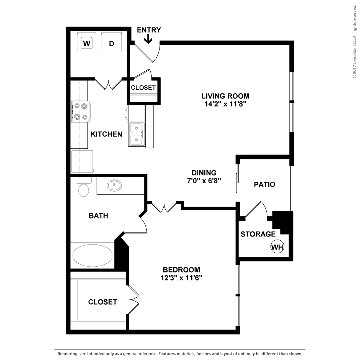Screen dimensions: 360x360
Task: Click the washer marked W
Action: [87, 42]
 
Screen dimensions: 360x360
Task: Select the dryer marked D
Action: [112, 42]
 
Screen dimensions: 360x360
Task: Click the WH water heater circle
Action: [277, 247]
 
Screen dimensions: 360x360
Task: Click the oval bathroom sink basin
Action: [114, 186]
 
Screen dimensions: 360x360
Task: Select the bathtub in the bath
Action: [92, 256]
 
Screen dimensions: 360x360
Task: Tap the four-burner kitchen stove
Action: [81, 112]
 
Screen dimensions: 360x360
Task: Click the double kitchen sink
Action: [136, 134]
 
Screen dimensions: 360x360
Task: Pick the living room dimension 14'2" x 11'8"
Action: [225, 104]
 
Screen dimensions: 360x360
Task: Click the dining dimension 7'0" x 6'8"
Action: [204, 181]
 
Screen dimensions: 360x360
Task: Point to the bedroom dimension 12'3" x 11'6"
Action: [181, 278]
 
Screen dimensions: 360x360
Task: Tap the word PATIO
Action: [264, 185]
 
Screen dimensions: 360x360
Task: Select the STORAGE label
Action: [258, 234]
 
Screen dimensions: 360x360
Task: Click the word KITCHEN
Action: [106, 134]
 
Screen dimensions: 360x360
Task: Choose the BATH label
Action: [99, 216]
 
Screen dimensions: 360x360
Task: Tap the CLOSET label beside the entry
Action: [143, 88]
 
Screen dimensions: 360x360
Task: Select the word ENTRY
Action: [149, 30]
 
